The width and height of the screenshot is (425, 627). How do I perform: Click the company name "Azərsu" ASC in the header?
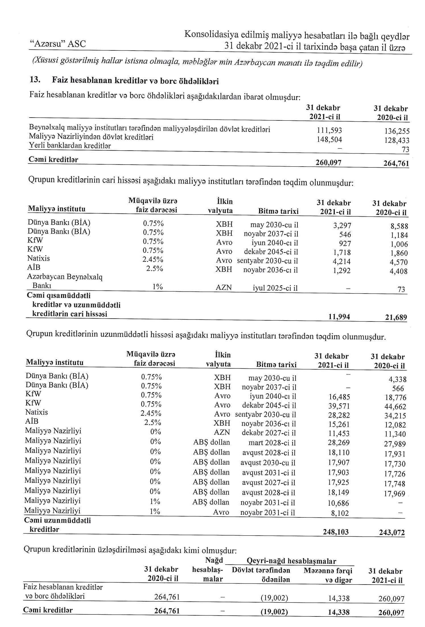(58, 44)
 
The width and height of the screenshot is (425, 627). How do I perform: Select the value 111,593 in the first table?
(329, 130)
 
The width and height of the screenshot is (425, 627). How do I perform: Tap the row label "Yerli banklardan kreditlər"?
(70, 146)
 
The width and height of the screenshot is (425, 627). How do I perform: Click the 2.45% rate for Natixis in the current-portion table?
(153, 260)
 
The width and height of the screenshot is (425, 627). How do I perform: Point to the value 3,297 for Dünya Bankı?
(342, 226)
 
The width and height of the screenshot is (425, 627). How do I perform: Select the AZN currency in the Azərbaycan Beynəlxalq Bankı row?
(224, 288)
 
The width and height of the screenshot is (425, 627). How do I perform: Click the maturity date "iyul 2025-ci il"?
(275, 288)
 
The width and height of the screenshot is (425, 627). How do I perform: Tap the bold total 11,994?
(339, 317)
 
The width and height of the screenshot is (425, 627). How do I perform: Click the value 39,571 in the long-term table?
(339, 406)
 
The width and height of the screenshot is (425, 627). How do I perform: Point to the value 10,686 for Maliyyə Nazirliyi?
(338, 503)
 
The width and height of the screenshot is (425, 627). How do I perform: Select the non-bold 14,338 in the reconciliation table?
(339, 598)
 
